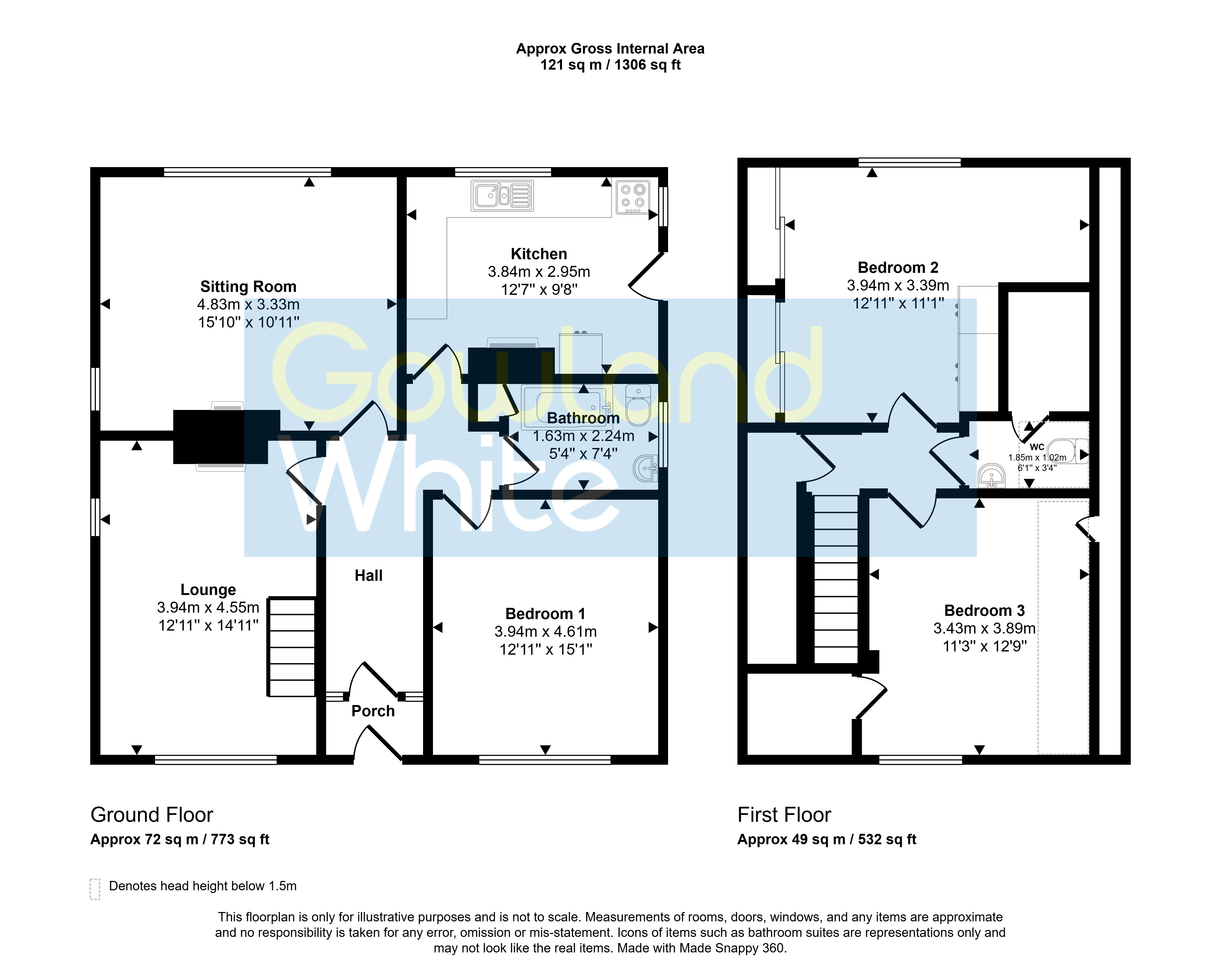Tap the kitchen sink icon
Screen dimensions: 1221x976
502,195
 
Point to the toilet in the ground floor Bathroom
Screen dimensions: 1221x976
638,405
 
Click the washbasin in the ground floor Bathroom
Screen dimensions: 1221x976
646,468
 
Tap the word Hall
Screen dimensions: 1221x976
369,575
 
